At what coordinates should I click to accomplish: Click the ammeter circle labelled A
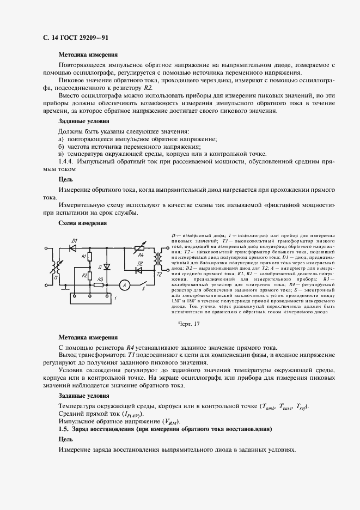point(124,284)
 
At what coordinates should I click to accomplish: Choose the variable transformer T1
point(54,267)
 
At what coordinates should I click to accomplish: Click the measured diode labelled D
point(107,266)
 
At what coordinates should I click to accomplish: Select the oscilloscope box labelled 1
point(90,297)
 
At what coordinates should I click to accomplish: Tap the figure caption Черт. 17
point(190,324)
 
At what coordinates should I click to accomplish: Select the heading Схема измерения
point(82,223)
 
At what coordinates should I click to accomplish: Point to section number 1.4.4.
point(66,162)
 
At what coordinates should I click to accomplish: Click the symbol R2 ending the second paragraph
point(148,88)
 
